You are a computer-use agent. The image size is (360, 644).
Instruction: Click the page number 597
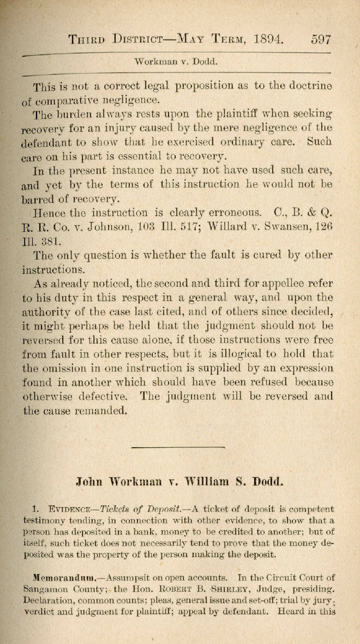(321, 39)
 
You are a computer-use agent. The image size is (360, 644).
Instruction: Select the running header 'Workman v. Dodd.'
(176, 62)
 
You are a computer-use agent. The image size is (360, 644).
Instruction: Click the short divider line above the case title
(178, 447)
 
